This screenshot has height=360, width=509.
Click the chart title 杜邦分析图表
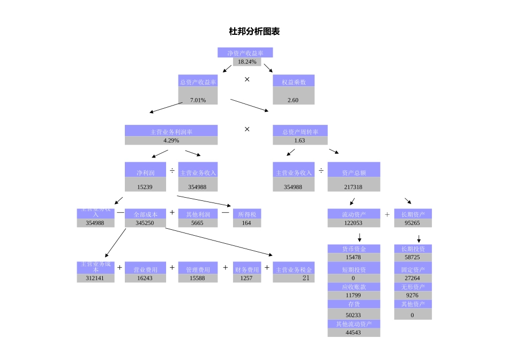(254, 32)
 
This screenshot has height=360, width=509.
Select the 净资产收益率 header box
(245, 53)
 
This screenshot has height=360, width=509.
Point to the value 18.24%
(247, 62)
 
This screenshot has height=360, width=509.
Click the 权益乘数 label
(294, 82)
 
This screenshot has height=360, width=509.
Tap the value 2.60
(293, 100)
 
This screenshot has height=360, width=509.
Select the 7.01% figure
(198, 100)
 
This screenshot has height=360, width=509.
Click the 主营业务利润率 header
(171, 131)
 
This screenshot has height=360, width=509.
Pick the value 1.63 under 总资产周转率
(300, 140)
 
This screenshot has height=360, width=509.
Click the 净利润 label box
(145, 173)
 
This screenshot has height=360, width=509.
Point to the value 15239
(145, 187)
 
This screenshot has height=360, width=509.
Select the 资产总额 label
(354, 173)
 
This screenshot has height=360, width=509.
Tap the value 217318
(354, 187)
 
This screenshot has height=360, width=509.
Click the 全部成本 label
(145, 214)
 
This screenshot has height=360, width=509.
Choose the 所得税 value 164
(246, 223)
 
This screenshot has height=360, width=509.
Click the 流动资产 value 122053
(354, 223)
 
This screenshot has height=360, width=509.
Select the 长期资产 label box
(413, 214)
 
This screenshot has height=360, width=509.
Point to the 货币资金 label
(354, 249)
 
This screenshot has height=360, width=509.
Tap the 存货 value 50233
(354, 315)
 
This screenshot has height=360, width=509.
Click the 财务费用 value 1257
(246, 278)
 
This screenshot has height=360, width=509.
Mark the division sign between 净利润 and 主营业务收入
(172, 170)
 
